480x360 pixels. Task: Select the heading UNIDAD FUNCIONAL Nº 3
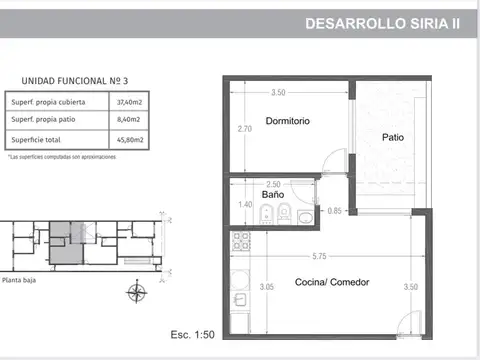pos(68,82)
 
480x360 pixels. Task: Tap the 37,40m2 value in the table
pos(129,102)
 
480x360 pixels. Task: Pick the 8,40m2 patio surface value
pos(129,120)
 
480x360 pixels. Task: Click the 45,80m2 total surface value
pos(129,138)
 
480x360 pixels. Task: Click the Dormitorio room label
pos(287,121)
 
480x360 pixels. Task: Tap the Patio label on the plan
pos(394,139)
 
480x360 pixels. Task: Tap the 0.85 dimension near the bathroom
pos(334,210)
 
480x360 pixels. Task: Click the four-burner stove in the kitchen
pos(240,240)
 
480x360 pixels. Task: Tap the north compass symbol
pos(136,292)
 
